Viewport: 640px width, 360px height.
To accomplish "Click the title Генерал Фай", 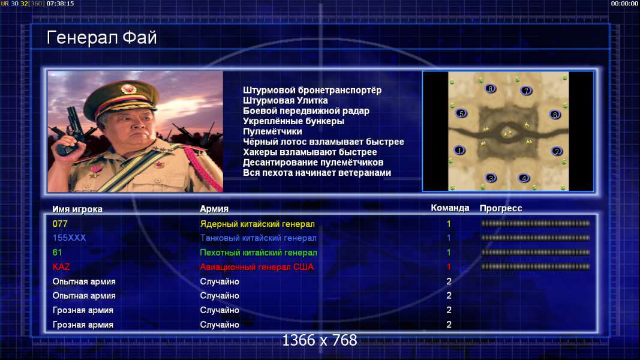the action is pyautogui.click(x=101, y=38).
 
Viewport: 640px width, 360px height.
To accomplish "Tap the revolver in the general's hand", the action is pyautogui.click(x=73, y=127).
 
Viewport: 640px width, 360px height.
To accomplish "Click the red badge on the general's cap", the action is pyautogui.click(x=128, y=89).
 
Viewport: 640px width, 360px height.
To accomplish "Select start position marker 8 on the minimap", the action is pyautogui.click(x=490, y=89).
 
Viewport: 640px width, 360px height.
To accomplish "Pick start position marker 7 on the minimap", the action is pyautogui.click(x=526, y=91).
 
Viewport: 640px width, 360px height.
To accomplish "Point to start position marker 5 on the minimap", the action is pyautogui.click(x=461, y=113).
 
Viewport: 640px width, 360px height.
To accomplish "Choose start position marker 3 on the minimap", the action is pyautogui.click(x=491, y=178).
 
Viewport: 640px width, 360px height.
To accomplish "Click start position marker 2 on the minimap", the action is pyautogui.click(x=557, y=151).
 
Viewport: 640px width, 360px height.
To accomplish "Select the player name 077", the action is pyautogui.click(x=60, y=224).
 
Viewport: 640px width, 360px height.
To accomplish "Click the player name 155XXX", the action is pyautogui.click(x=69, y=238).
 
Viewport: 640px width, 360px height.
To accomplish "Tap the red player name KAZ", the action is pyautogui.click(x=61, y=267).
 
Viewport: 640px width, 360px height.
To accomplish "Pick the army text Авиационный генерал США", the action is pyautogui.click(x=257, y=267).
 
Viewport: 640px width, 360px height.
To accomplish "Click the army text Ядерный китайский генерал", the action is pyautogui.click(x=257, y=224).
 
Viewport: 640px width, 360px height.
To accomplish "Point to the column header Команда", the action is pyautogui.click(x=450, y=208).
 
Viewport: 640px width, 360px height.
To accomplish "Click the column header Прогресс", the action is pyautogui.click(x=501, y=208).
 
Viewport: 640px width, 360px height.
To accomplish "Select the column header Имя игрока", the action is pyautogui.click(x=77, y=209).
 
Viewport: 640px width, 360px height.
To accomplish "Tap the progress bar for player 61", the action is pyautogui.click(x=535, y=252).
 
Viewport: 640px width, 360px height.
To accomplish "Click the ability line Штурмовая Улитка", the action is pyautogui.click(x=286, y=100).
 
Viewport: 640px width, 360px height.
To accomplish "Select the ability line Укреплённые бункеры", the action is pyautogui.click(x=293, y=121).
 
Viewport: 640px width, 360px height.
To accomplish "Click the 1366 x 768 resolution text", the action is pyautogui.click(x=320, y=340).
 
